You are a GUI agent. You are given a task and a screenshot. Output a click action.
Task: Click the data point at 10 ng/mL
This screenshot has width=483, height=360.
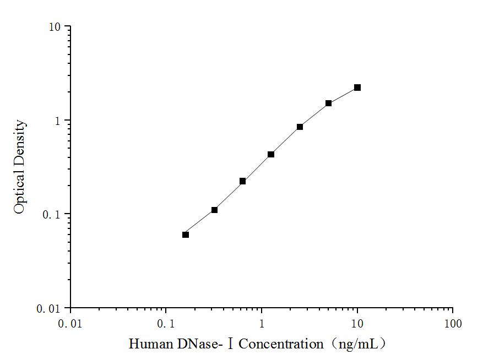[357, 88]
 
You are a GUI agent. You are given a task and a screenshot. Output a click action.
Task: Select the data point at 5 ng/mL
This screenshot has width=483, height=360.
[328, 103]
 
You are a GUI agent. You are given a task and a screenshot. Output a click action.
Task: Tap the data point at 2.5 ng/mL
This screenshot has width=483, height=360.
[300, 127]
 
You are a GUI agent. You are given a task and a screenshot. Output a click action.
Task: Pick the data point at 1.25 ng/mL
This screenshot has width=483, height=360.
[271, 154]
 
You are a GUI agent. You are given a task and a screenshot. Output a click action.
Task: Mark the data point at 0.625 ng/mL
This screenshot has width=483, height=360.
[242, 181]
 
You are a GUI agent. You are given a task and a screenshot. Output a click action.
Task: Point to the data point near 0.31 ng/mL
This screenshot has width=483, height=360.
[214, 210]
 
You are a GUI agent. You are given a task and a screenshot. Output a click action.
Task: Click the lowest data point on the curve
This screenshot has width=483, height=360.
[186, 234]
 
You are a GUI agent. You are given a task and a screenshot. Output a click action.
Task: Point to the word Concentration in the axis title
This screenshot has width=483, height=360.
[281, 345]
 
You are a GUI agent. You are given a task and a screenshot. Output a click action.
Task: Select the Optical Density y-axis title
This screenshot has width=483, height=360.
[20, 167]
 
